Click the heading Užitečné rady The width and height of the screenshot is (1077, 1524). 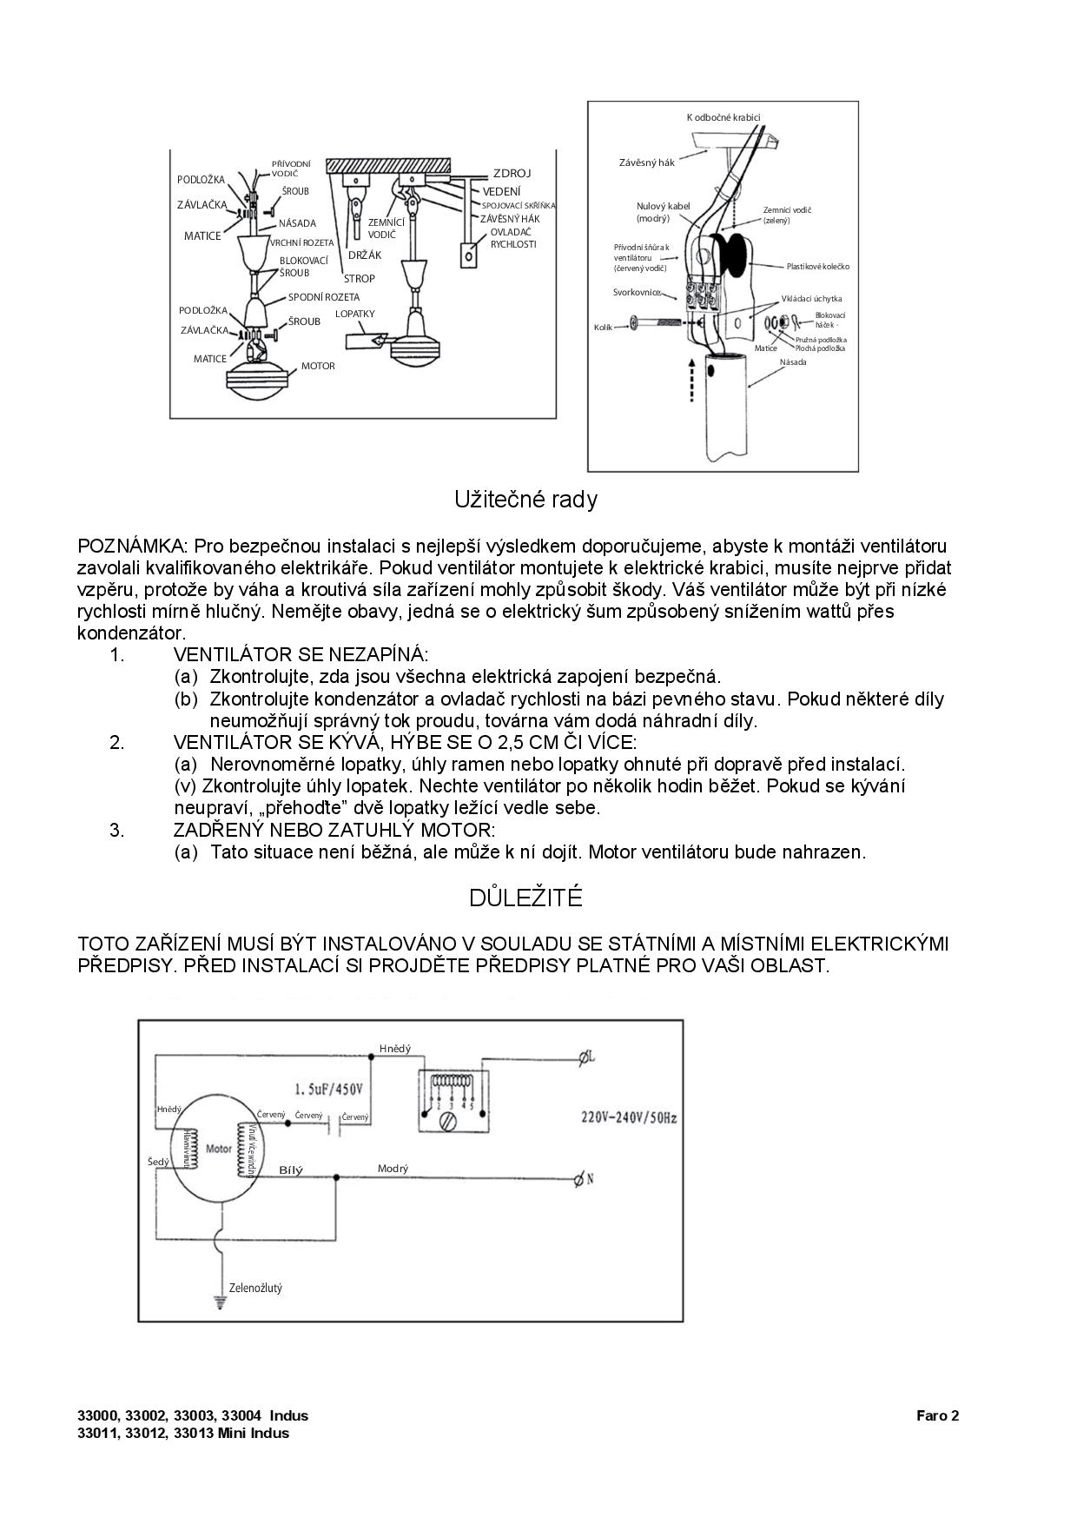tap(525, 500)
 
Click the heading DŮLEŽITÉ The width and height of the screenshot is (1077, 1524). tap(525, 898)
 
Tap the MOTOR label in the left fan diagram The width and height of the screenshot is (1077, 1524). tap(318, 366)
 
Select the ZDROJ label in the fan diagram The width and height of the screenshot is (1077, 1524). tap(512, 174)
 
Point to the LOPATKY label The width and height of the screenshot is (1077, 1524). tap(355, 314)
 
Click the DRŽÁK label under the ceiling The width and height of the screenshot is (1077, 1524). tap(365, 255)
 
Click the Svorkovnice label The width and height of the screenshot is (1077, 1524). tap(637, 292)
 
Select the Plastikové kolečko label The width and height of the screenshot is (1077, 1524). tap(818, 266)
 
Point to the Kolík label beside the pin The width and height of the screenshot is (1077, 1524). tap(604, 327)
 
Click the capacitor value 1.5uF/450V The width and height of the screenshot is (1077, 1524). tap(328, 1089)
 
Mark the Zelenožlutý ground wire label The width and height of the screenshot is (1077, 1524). tap(255, 1288)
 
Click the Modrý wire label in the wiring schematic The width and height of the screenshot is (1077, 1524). tap(393, 1169)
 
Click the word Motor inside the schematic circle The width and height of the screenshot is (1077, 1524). tap(219, 1149)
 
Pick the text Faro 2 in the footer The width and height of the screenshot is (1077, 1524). tap(937, 1415)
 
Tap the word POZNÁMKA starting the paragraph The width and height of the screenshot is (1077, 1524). tap(130, 547)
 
